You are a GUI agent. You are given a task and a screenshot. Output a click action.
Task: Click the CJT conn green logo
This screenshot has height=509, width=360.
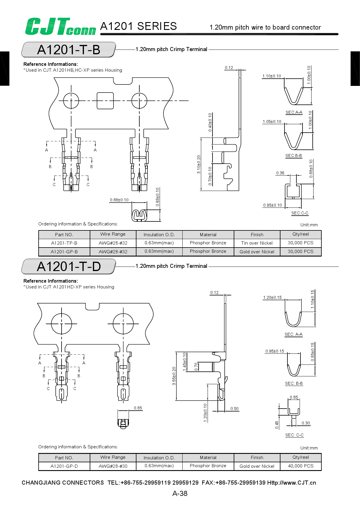(60, 26)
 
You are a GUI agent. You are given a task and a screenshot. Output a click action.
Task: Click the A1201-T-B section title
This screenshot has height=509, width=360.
(69, 50)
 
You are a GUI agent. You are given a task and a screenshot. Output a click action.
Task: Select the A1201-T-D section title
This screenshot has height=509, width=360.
(69, 266)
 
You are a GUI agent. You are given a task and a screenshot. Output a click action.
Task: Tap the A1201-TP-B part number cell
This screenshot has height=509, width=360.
(64, 243)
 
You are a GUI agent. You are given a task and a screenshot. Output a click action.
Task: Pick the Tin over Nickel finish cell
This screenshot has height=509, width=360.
(257, 243)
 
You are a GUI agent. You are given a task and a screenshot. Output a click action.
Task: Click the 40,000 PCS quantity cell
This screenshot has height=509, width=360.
(300, 466)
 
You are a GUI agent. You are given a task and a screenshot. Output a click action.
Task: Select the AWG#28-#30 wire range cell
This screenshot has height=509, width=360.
(113, 466)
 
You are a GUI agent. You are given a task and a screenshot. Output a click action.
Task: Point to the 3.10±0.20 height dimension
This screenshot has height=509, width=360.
(199, 165)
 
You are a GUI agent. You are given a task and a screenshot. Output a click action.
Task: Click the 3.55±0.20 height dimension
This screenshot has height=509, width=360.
(174, 376)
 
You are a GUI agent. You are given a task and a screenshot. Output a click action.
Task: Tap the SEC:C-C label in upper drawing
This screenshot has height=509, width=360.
(300, 213)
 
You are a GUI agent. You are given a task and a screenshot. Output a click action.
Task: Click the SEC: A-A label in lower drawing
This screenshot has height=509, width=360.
(294, 335)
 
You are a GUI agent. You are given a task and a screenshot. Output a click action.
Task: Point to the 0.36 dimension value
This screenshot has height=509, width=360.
(280, 173)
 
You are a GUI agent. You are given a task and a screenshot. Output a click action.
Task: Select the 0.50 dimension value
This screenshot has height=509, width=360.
(234, 409)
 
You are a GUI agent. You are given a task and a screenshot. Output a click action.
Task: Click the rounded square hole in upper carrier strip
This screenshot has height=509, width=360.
(105, 101)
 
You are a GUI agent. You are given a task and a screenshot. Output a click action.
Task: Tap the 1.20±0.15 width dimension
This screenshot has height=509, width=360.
(272, 297)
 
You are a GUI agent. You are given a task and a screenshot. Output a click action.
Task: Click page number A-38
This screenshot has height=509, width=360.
(180, 494)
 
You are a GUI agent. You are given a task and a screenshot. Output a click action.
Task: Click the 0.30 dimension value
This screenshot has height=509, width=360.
(306, 423)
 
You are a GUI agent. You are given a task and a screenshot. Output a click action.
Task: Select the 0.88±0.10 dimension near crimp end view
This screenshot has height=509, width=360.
(119, 200)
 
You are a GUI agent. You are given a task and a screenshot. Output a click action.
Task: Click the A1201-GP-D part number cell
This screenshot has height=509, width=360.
(64, 466)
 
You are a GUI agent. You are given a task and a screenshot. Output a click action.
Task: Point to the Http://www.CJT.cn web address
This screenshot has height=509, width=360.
(291, 483)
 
